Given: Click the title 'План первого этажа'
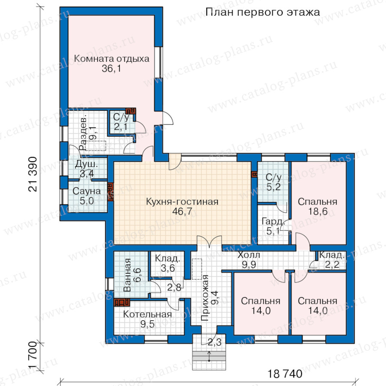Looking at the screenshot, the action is click(262, 12).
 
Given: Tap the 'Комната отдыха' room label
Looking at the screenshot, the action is click(112, 59).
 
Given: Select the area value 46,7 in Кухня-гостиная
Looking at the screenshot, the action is click(182, 211).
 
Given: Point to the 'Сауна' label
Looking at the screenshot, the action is click(87, 191).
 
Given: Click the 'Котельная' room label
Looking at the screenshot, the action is click(148, 314).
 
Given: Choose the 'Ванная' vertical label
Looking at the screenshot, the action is click(127, 275).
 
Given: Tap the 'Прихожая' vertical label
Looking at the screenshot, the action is click(205, 298).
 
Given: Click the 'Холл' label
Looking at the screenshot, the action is click(249, 255).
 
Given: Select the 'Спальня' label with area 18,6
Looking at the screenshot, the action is click(317, 202).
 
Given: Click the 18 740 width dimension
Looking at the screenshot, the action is click(285, 374).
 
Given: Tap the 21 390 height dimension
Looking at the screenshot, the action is click(33, 174).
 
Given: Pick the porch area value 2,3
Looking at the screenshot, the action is click(214, 342).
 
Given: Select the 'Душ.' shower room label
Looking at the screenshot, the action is click(86, 164).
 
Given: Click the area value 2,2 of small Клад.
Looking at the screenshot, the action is click(332, 264).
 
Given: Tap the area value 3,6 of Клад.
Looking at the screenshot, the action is click(168, 268).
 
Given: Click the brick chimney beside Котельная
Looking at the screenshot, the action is click(122, 302).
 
